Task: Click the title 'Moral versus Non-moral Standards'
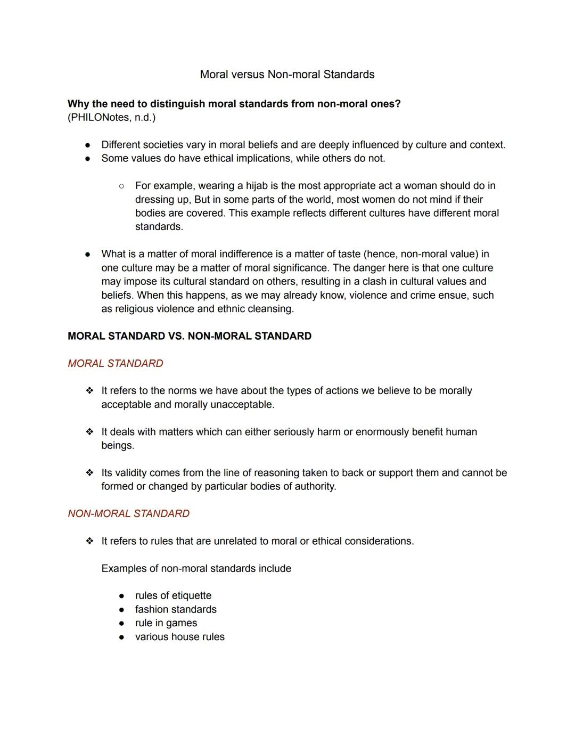(287, 75)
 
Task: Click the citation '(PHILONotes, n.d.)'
(111, 117)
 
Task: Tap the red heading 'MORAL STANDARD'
(116, 363)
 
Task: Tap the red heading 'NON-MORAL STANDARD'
(128, 513)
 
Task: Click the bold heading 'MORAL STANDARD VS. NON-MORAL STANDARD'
(190, 336)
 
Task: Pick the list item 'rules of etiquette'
(173, 595)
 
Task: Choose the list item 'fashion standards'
(176, 609)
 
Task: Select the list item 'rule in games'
(166, 623)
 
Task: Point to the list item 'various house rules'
(180, 637)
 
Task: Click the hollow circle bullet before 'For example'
(121, 186)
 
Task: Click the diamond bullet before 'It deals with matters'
(89, 432)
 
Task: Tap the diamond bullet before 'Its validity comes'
(89, 473)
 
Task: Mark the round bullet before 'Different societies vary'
(88, 145)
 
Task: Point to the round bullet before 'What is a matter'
(88, 255)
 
